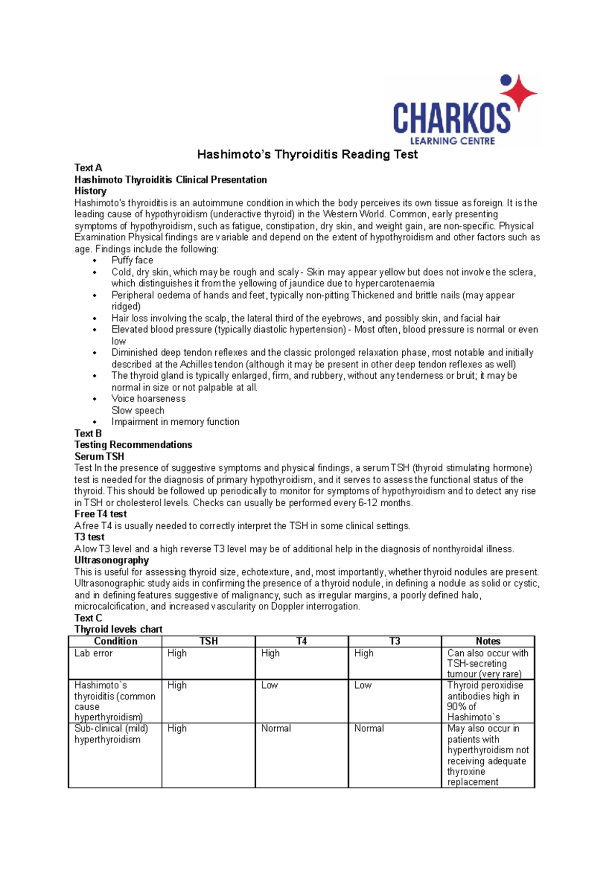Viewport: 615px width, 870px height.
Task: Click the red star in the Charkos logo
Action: coord(519,92)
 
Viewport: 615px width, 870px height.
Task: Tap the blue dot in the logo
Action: coord(506,80)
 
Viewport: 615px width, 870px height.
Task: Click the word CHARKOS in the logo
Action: coord(452,118)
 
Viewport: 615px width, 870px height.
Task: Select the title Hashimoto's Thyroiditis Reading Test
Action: coord(307,154)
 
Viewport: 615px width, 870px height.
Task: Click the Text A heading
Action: coord(88,168)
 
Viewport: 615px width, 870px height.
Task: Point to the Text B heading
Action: coord(88,433)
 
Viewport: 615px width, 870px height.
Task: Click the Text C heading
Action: coord(88,618)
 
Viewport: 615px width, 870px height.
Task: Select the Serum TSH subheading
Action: coord(99,457)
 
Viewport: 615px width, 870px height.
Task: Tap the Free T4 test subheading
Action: coord(100,514)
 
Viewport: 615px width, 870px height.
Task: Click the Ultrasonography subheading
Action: coord(112,560)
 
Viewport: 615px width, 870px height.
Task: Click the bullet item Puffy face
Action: coord(132,260)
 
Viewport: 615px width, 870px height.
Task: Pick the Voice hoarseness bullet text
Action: coord(149,399)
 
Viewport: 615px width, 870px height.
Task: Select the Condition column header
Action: coord(115,641)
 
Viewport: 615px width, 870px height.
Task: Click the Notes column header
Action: coord(488,641)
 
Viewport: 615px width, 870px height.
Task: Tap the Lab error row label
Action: coord(93,653)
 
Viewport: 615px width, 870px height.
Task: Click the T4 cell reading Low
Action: coord(270,685)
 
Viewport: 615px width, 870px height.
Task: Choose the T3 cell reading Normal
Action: coord(369,728)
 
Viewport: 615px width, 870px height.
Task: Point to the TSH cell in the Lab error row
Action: coord(177,653)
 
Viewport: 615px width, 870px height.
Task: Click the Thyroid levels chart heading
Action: coord(118,629)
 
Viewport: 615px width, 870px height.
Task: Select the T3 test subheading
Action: coord(89,537)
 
